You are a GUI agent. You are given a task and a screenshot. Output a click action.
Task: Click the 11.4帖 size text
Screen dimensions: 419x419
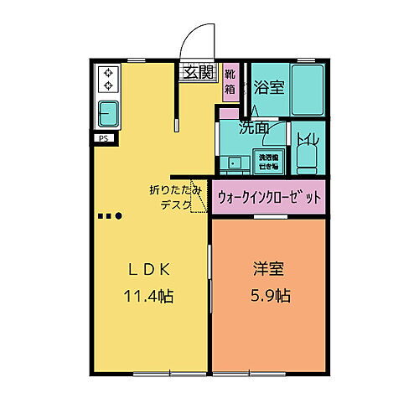coord(149,297)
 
